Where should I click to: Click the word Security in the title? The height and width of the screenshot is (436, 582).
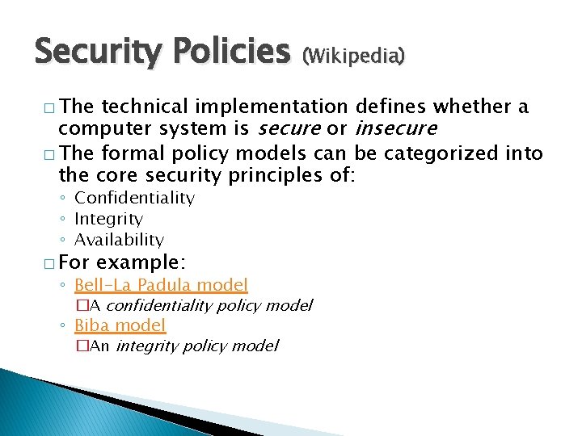[x=95, y=53]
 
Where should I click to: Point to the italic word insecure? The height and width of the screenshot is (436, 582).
[x=395, y=129]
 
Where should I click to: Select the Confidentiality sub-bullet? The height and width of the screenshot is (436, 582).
[x=134, y=198]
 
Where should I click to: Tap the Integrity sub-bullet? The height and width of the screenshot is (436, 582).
[x=108, y=219]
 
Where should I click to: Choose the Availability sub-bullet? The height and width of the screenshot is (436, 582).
[x=119, y=240]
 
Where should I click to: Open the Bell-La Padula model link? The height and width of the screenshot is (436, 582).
[x=161, y=285]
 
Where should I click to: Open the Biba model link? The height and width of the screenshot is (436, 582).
[x=120, y=325]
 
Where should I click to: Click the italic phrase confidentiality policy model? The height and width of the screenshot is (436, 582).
[x=209, y=305]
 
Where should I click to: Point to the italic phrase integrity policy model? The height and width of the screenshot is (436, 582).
[x=196, y=346]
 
